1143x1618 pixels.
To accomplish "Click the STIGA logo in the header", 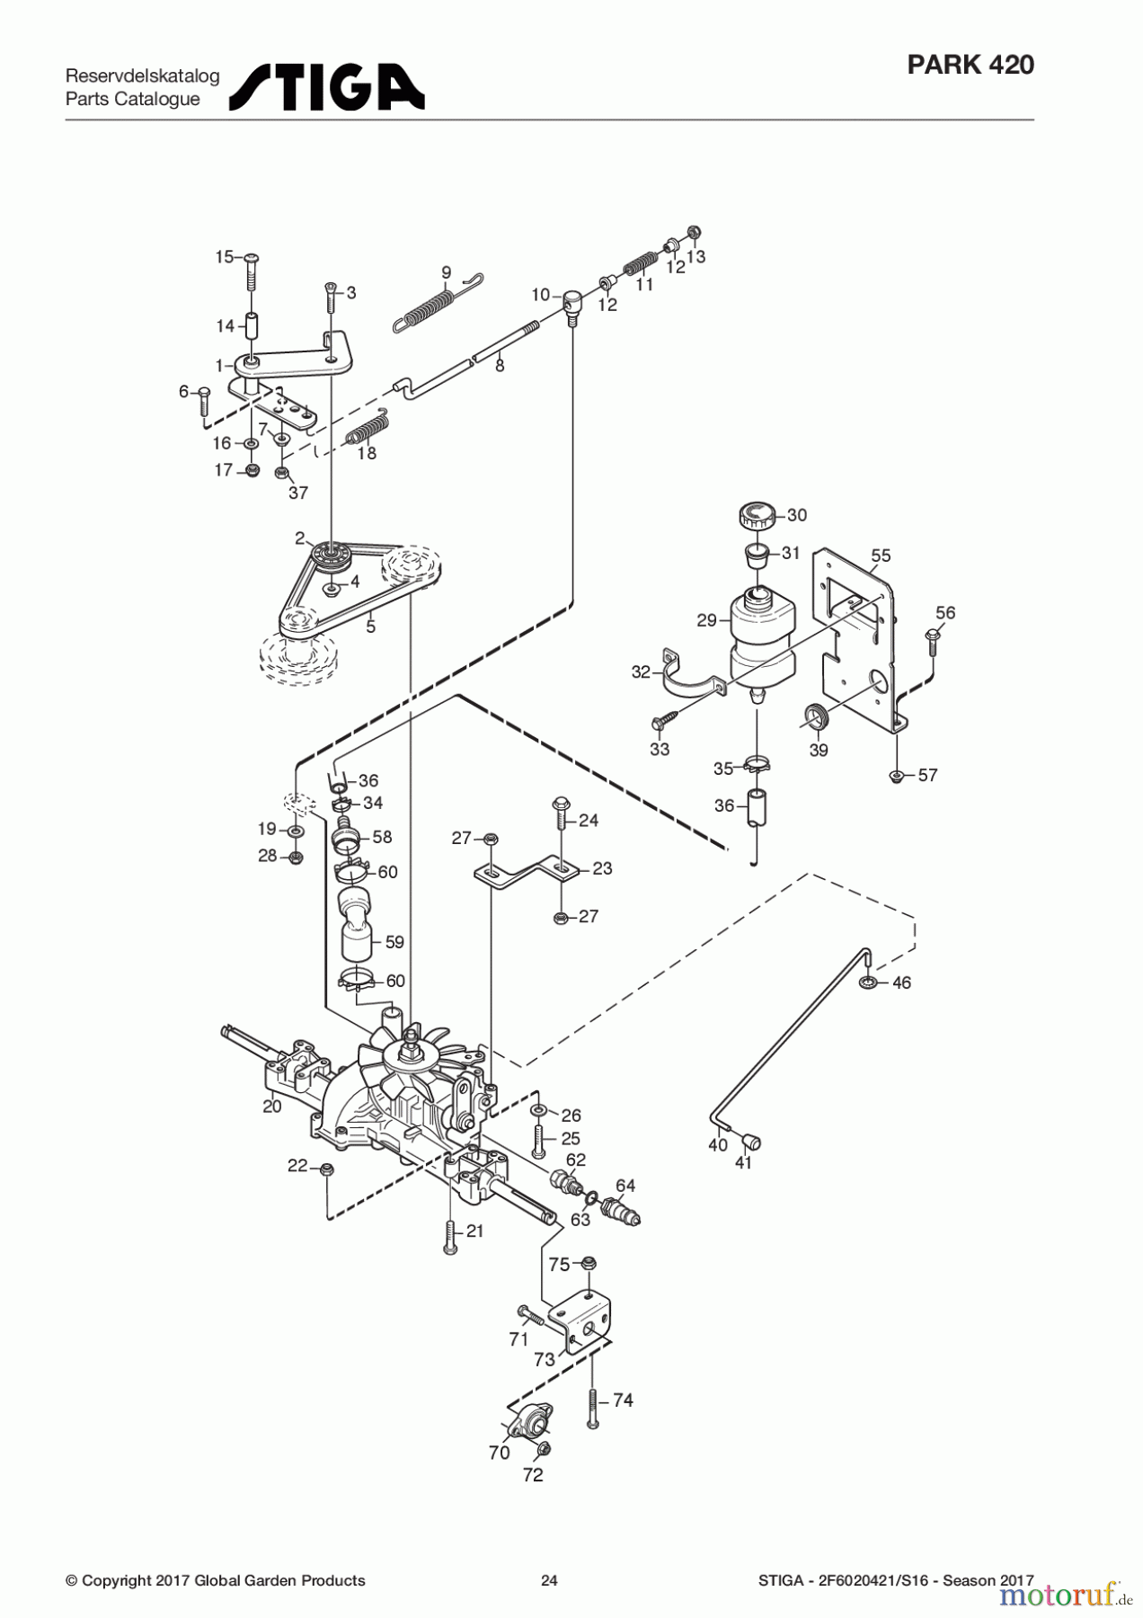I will click(326, 87).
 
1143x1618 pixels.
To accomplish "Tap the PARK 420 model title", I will click(970, 65).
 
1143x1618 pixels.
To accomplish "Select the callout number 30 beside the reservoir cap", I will click(797, 515).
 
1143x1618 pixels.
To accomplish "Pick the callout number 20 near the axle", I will click(272, 1107).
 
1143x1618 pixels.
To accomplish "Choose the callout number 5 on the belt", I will click(370, 627).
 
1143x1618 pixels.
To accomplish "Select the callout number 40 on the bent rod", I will click(717, 1145).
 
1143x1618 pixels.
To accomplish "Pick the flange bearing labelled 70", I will click(530, 1423).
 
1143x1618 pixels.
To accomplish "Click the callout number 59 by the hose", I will click(394, 942).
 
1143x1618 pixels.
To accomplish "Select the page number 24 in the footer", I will click(549, 1580).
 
